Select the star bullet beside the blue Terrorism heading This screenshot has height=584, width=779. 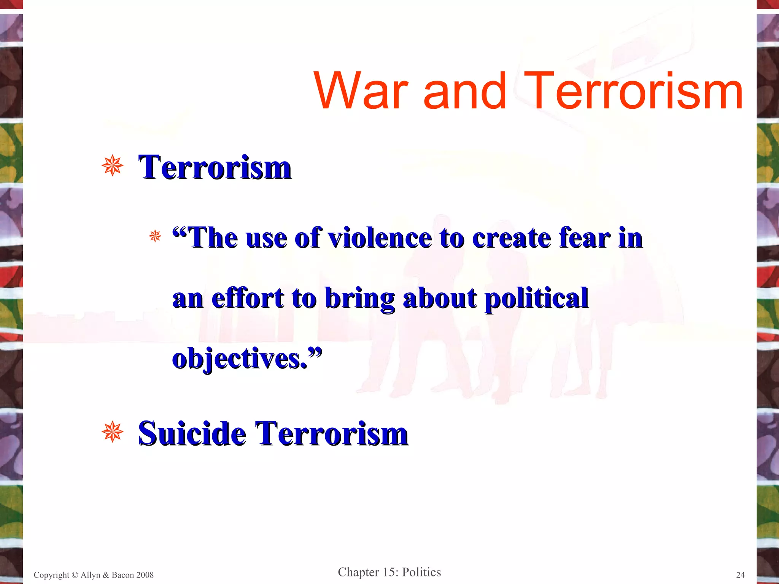coord(113,166)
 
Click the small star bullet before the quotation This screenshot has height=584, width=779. coord(155,236)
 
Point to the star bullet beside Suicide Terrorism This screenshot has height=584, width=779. coord(113,432)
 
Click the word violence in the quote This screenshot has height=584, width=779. coord(380,238)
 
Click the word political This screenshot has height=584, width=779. coord(536,299)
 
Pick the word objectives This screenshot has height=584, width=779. coord(240,359)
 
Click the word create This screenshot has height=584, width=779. coord(511,238)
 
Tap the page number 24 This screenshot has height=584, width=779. coord(740,575)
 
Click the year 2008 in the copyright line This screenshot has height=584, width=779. coord(144,575)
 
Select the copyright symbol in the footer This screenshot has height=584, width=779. coord(75,575)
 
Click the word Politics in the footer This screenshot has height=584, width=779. coord(421,572)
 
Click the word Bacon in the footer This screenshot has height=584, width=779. coord(122,575)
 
